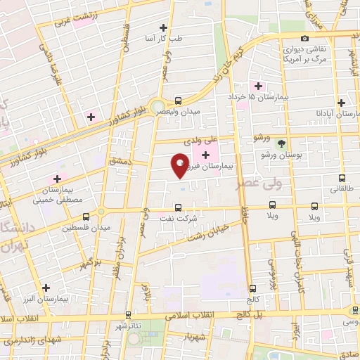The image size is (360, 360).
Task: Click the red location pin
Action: click(180, 165)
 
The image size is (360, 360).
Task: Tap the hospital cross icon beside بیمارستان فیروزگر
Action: click(205, 155)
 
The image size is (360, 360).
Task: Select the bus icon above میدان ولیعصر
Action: click(178, 101)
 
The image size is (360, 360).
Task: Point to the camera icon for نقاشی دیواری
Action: click(304, 39)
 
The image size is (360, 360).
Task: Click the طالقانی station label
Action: click(336, 189)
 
